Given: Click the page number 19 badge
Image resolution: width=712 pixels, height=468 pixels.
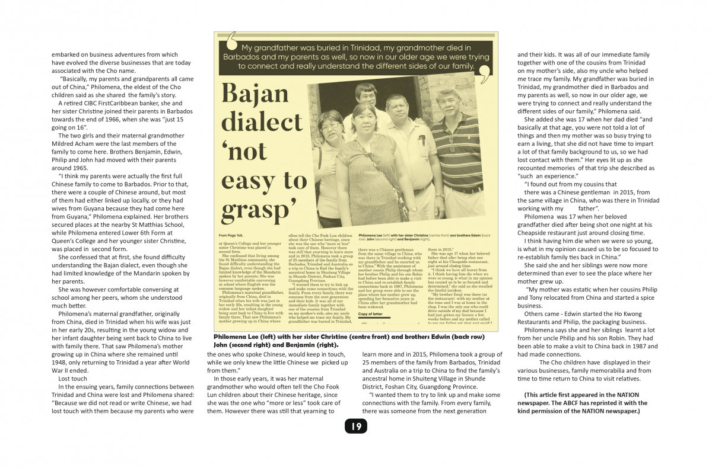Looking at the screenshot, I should coord(356,426).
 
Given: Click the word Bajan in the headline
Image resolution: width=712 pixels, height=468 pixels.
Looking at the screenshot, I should coord(256,94).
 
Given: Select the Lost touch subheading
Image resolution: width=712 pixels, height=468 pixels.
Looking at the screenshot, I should coord(73,378).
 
